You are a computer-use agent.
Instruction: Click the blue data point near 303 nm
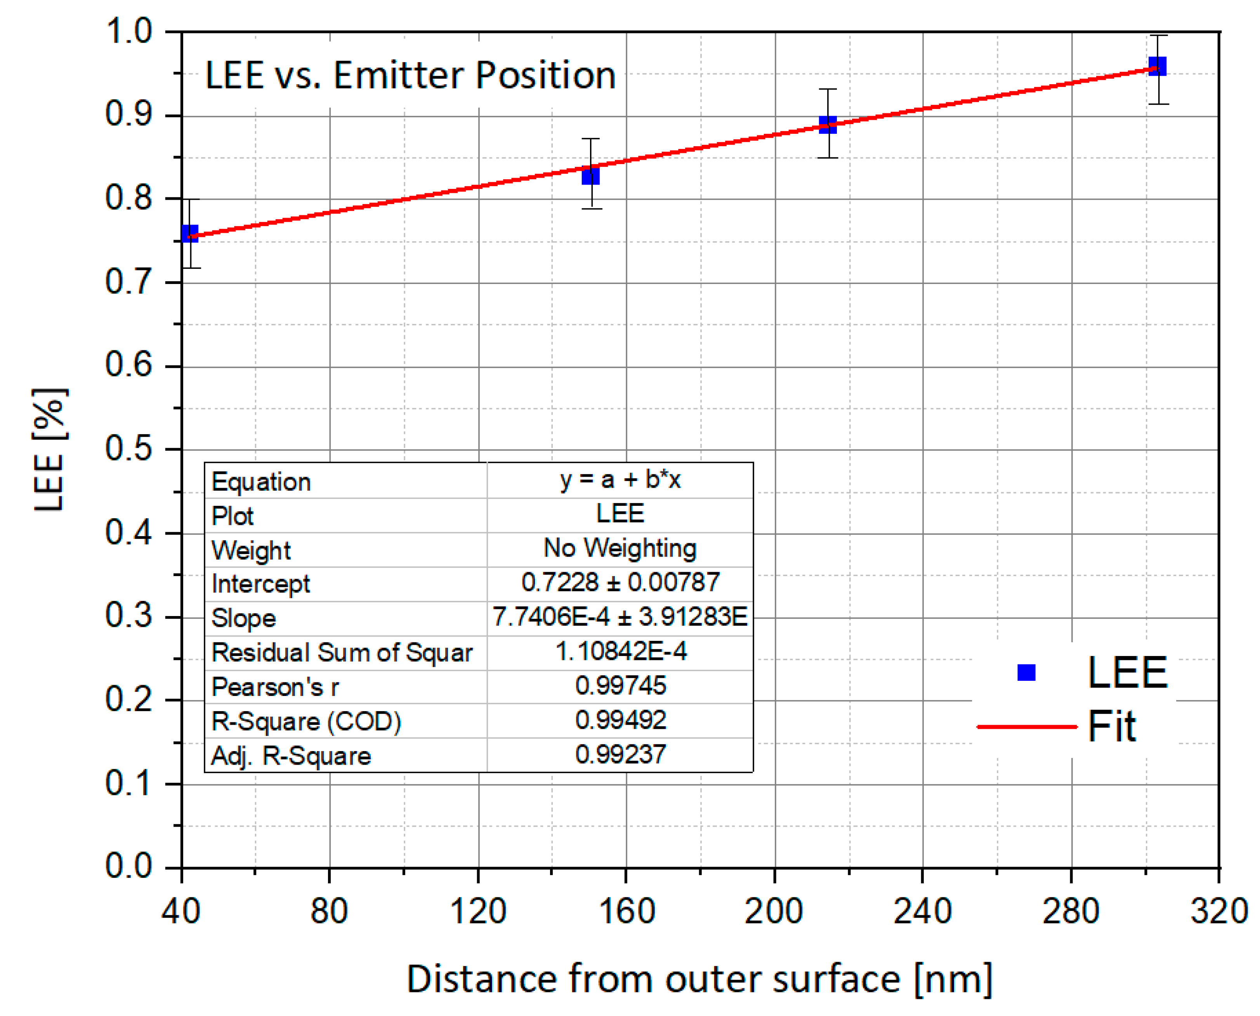tap(1157, 66)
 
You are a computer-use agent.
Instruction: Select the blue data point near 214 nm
tap(827, 124)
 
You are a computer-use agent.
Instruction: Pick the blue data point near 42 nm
tap(189, 234)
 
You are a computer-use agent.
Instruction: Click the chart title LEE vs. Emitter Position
tap(410, 76)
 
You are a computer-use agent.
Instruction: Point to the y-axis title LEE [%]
tap(50, 450)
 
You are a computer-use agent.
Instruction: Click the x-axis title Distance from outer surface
tap(699, 980)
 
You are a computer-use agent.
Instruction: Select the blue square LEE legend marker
tap(1026, 672)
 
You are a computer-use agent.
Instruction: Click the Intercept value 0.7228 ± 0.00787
tap(620, 582)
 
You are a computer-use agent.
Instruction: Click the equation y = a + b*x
tap(620, 479)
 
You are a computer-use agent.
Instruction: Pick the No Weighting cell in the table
tap(620, 549)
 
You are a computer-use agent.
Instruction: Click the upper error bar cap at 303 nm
tap(1158, 36)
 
